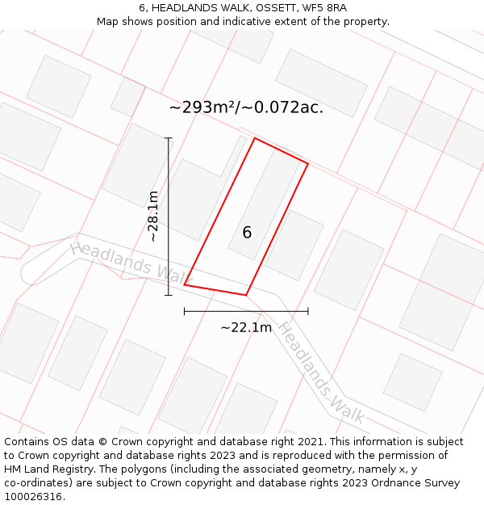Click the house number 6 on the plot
click(247, 233)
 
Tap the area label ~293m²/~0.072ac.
click(246, 107)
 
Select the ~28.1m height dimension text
click(153, 216)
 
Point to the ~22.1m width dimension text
click(246, 327)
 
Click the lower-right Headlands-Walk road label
click(321, 372)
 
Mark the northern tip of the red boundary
click(255, 138)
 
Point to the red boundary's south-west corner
click(185, 284)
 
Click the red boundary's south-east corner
click(245, 295)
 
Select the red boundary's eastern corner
click(307, 163)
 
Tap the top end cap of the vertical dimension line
click(169, 138)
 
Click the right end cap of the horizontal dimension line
click(307, 310)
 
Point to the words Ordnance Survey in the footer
click(415, 483)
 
